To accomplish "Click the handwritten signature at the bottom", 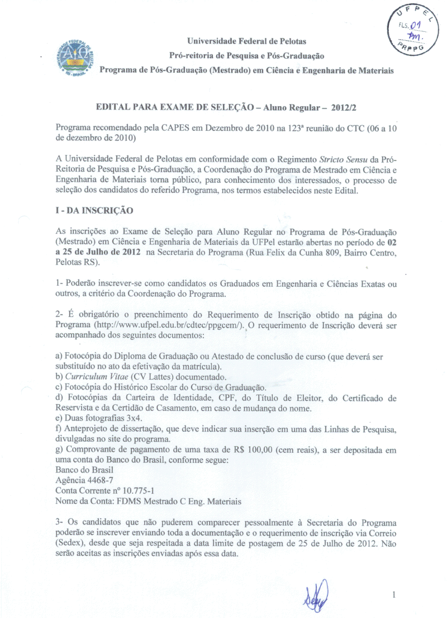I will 316,595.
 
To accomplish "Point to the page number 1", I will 394,595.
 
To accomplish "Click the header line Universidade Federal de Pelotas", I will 246,41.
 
